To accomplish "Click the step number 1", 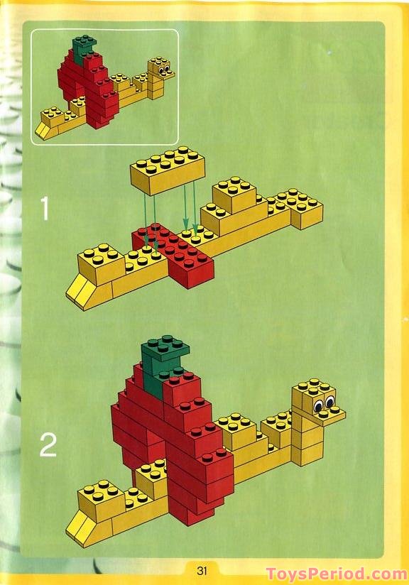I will point(45,208).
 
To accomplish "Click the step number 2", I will point(47,444).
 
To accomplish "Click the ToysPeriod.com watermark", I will point(336,574).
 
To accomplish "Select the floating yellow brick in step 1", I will point(167,171).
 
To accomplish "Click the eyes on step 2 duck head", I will point(324,405).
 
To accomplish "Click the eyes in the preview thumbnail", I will point(164,70).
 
